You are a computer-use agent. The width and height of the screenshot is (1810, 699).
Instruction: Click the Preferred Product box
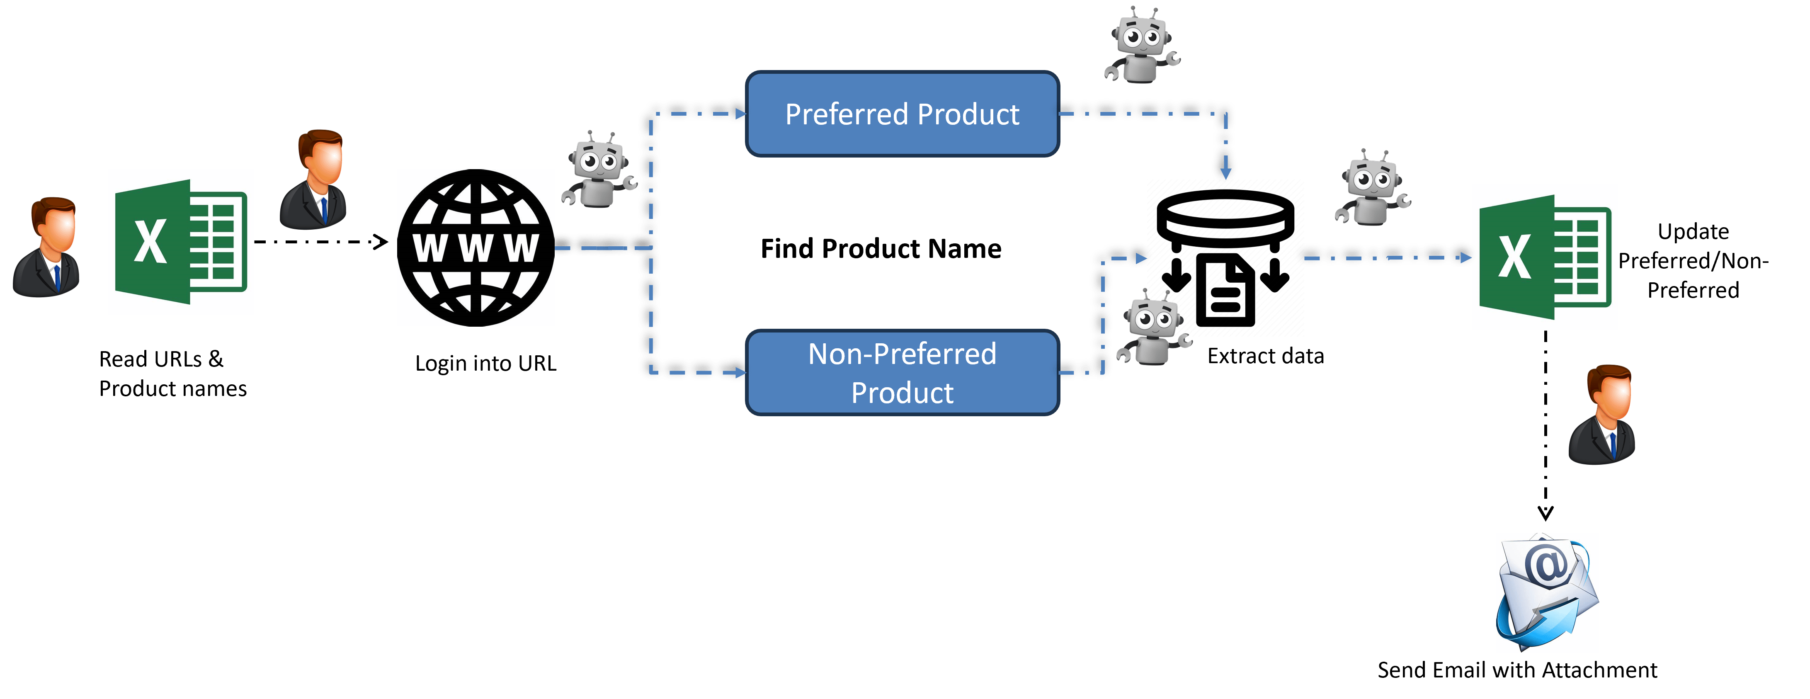(x=902, y=114)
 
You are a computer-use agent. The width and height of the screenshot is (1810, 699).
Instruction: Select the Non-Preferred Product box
(x=902, y=372)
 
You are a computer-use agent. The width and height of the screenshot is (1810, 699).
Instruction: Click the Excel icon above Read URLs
(x=181, y=242)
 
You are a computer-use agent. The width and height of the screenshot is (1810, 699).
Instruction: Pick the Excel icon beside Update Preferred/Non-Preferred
(x=1545, y=257)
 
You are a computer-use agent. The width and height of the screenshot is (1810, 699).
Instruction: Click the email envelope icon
(x=1547, y=592)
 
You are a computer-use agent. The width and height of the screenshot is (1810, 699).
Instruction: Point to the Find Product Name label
(x=881, y=249)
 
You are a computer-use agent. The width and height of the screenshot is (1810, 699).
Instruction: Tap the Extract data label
(x=1265, y=356)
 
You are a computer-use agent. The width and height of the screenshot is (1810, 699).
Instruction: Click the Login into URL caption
(x=485, y=363)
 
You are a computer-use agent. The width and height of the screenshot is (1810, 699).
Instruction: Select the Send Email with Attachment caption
(x=1517, y=670)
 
